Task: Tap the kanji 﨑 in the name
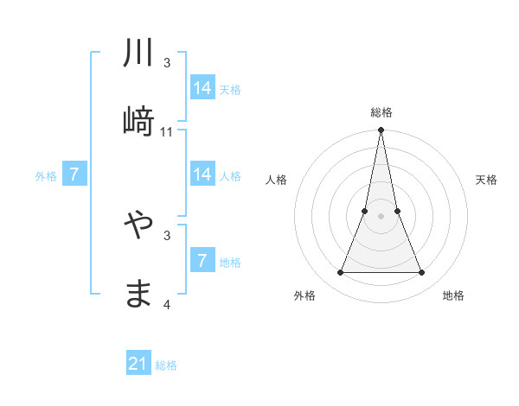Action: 138,122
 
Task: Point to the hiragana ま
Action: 138,294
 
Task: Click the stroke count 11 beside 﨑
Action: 167,131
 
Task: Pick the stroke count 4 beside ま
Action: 167,304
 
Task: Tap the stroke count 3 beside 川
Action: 167,63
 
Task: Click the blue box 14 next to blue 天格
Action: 202,88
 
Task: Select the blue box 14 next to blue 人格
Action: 202,174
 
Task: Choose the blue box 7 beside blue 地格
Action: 202,261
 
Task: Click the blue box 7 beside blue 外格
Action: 74,174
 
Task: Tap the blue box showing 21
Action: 138,364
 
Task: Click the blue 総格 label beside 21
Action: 166,365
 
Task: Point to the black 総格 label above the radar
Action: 381,112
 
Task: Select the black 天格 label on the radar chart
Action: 486,180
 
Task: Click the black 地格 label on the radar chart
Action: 453,295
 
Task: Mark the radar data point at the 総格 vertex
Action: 381,130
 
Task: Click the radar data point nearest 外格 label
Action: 340,273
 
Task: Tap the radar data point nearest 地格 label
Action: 421,273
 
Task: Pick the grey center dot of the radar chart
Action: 381,216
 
